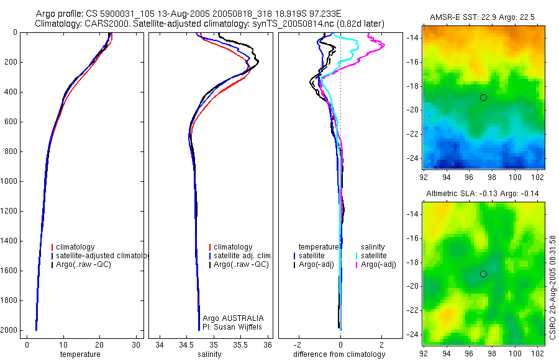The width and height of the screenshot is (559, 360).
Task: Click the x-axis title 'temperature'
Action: pyautogui.click(x=80, y=354)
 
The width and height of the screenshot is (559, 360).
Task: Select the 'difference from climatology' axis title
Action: pyautogui.click(x=339, y=354)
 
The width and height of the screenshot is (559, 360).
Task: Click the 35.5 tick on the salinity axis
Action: pyautogui.click(x=241, y=344)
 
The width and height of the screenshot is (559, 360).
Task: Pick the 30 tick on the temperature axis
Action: pyautogui.click(x=136, y=344)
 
